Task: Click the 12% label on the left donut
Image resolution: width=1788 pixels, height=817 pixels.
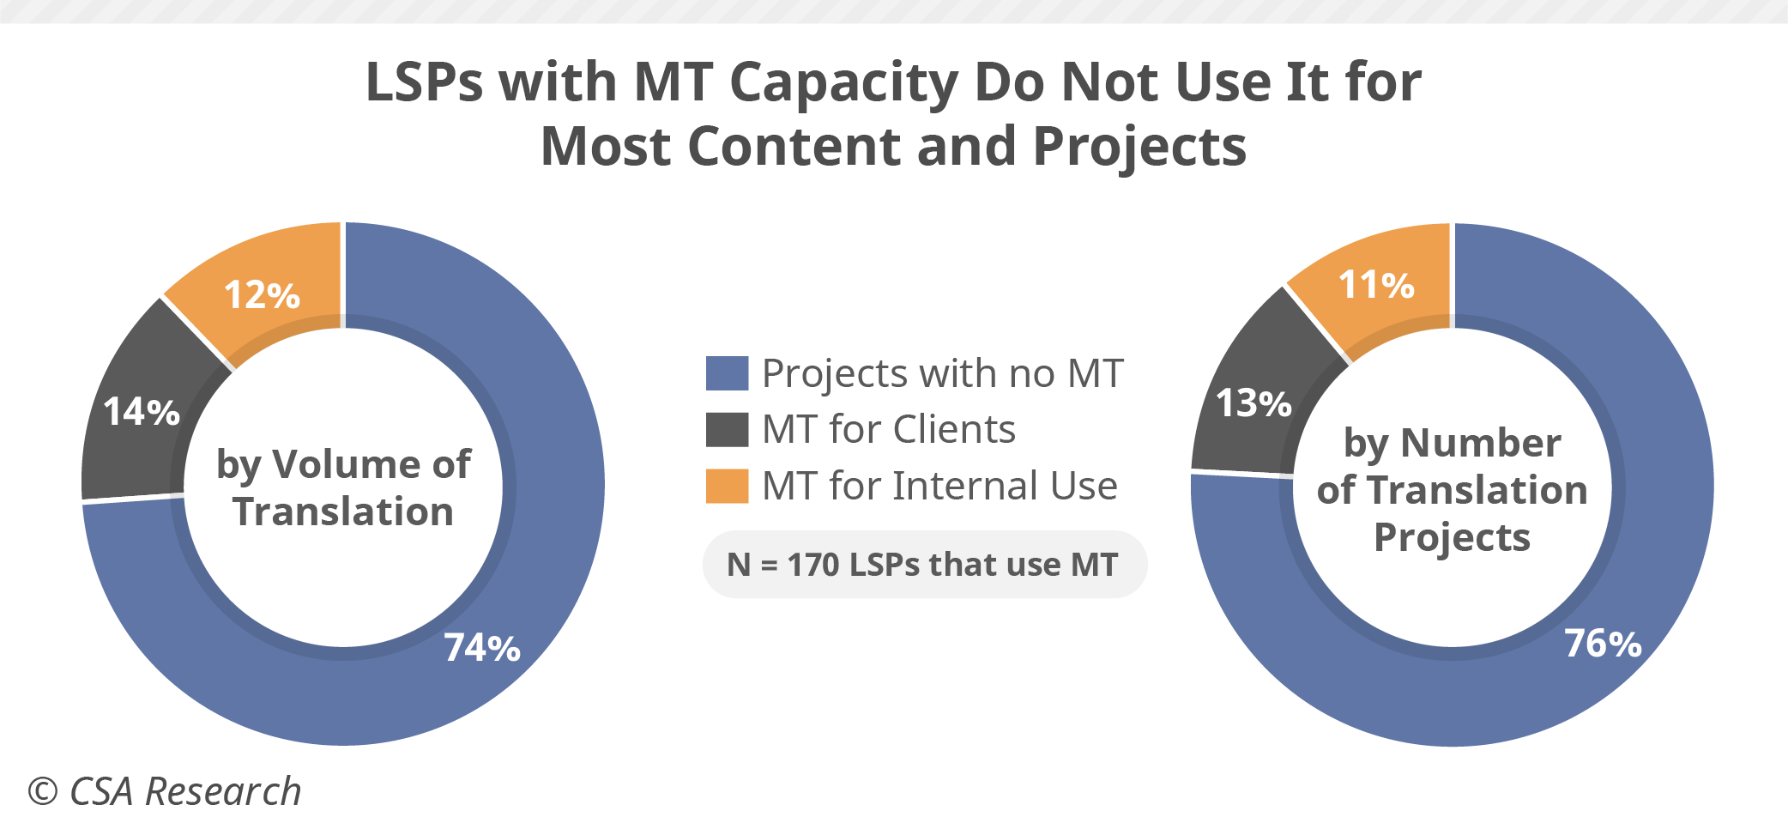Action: click(x=262, y=295)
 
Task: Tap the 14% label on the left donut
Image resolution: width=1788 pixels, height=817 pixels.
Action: click(x=142, y=412)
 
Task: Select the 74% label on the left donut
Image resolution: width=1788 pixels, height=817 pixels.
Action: click(x=482, y=648)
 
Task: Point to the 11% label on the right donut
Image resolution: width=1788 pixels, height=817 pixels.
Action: click(x=1376, y=285)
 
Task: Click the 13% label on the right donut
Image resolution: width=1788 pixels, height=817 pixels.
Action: click(x=1253, y=403)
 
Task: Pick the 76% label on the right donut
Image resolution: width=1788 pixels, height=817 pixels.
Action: click(x=1603, y=644)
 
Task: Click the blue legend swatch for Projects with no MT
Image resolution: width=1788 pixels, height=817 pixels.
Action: click(x=727, y=373)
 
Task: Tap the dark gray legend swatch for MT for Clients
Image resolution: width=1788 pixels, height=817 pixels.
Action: click(x=727, y=429)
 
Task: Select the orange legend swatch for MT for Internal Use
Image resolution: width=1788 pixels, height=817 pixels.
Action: click(x=727, y=486)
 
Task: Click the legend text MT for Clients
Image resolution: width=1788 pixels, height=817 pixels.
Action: click(x=889, y=429)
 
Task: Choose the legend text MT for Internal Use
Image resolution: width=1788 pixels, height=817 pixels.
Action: click(x=940, y=486)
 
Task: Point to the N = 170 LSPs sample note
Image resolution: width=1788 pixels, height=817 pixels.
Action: click(x=924, y=565)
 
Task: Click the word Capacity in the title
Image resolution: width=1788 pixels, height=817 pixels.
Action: click(x=843, y=82)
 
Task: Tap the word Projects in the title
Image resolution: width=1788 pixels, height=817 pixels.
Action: click(x=1139, y=146)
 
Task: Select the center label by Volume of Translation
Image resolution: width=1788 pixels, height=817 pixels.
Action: click(x=343, y=487)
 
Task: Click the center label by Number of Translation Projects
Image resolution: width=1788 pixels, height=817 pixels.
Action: click(x=1452, y=490)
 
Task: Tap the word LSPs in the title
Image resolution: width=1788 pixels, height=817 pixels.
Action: click(x=424, y=82)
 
